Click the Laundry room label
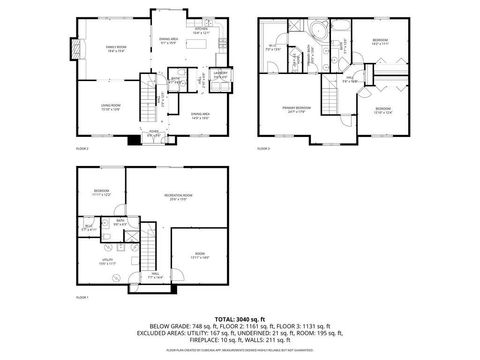click(222, 72)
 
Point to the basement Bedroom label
click(101, 191)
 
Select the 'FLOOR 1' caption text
click(83, 297)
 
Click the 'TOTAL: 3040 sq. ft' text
click(239, 318)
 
